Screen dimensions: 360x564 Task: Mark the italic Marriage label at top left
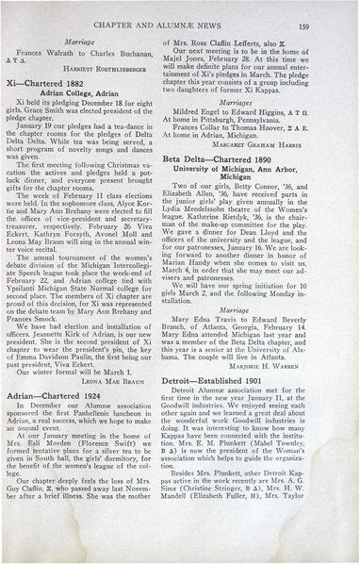point(91,30)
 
